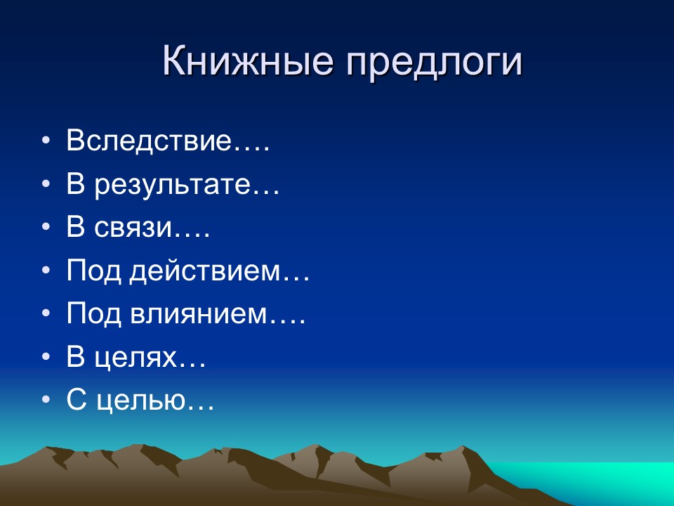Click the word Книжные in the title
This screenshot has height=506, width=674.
point(247,62)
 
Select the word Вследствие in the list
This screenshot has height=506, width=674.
point(149,141)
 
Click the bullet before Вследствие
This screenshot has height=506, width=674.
point(46,141)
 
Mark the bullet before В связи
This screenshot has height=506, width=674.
point(46,228)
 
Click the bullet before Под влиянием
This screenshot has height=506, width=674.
point(46,315)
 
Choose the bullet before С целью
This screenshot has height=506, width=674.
point(46,401)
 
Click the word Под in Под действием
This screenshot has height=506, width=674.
point(94,272)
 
